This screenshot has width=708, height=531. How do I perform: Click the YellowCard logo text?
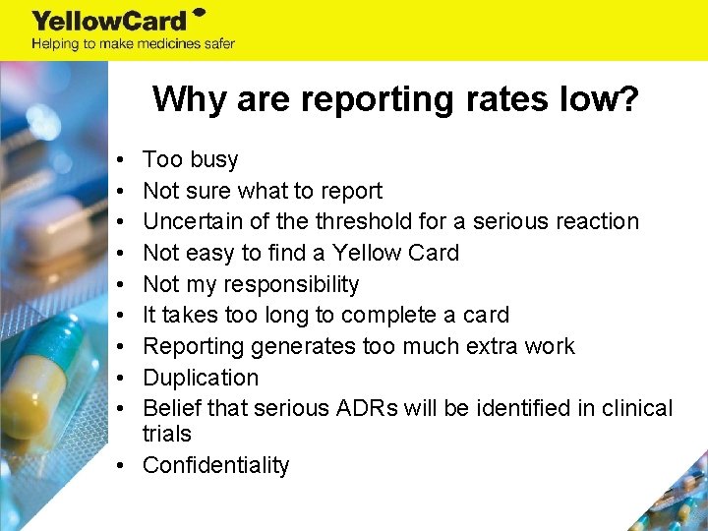[110, 20]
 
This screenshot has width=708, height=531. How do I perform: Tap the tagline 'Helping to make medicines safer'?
[133, 43]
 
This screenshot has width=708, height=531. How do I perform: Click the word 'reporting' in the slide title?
[350, 98]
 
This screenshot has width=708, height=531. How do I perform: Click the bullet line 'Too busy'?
[190, 159]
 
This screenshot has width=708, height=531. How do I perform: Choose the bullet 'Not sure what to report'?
[263, 191]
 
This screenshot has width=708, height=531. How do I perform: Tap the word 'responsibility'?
[291, 284]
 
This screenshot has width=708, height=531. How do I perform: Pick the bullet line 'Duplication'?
[201, 378]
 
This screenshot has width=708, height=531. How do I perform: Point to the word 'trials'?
[167, 434]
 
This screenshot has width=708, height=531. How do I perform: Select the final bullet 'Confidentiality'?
[216, 465]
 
